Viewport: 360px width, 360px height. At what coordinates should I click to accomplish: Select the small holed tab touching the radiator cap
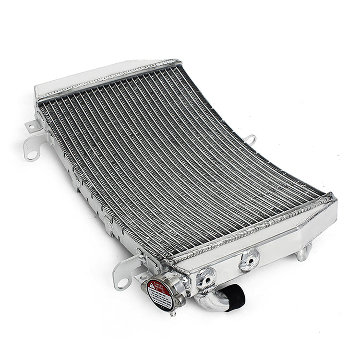click(x=142, y=277)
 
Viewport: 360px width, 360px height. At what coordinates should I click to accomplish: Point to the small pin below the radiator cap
click(x=172, y=313)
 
